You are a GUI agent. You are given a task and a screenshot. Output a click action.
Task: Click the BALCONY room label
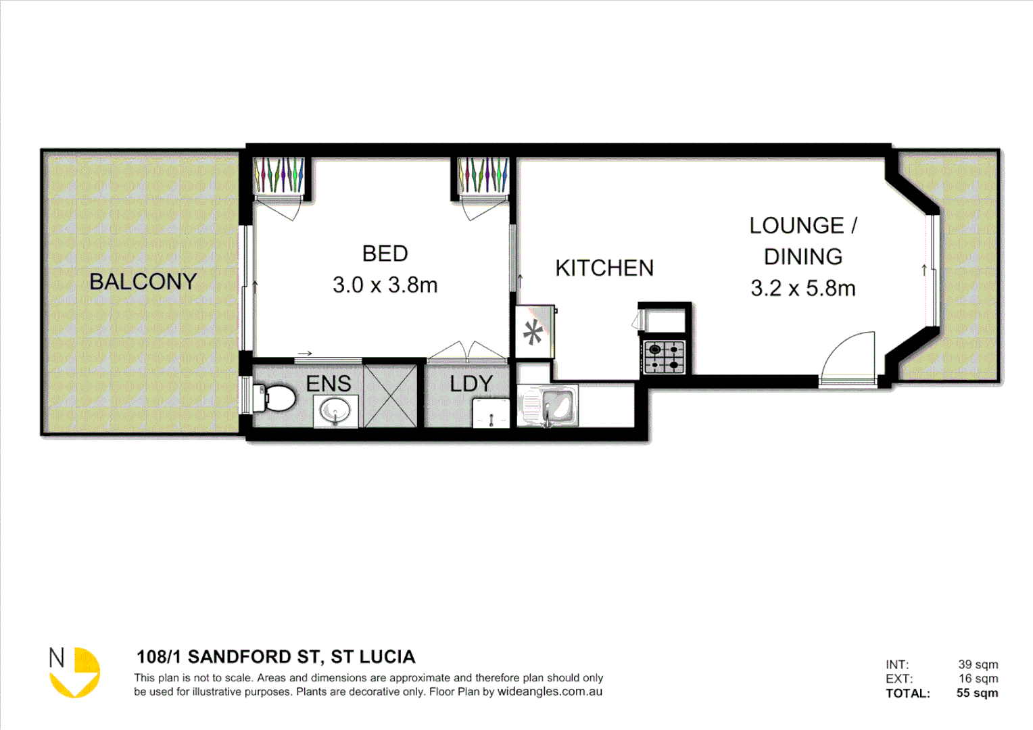(x=143, y=281)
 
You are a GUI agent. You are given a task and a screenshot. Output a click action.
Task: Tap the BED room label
(x=385, y=253)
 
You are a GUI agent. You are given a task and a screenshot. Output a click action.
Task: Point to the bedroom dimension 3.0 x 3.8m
(x=385, y=285)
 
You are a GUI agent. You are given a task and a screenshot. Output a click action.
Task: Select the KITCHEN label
(x=604, y=268)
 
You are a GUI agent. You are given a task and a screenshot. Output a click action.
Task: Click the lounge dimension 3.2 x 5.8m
(x=802, y=289)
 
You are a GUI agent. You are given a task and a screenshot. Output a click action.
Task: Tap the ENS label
(x=329, y=384)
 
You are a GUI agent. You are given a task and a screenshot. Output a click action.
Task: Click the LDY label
(x=471, y=384)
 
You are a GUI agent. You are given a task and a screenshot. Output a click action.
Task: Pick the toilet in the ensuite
(x=274, y=398)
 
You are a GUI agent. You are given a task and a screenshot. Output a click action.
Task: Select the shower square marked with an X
(x=390, y=396)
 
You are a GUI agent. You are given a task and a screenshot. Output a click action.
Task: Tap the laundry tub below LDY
(x=491, y=412)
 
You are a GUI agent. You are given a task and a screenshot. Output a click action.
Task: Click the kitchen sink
(x=549, y=406)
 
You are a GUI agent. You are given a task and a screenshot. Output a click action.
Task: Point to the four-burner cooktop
(x=664, y=357)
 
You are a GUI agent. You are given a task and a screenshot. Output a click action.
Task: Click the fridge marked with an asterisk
(x=535, y=332)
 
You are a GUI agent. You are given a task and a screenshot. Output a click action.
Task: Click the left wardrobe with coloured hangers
(x=279, y=175)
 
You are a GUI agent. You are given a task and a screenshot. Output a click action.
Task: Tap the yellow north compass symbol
(x=76, y=673)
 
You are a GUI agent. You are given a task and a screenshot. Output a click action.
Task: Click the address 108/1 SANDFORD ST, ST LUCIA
(x=276, y=657)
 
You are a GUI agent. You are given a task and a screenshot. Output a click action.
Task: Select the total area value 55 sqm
(x=977, y=693)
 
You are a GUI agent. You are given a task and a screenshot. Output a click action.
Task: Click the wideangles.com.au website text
(x=550, y=692)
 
